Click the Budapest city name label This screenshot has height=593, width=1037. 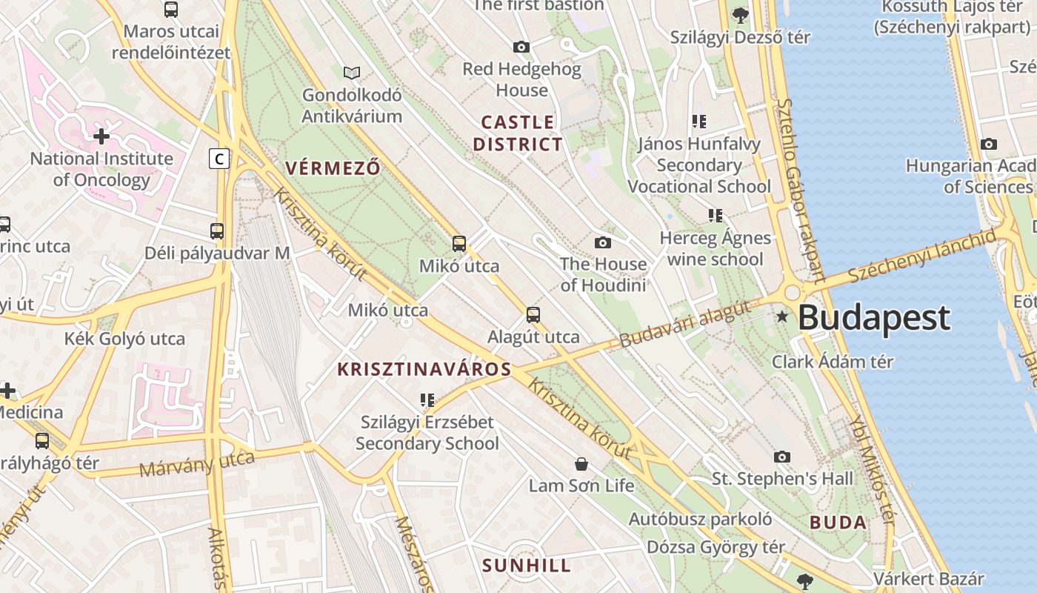pyautogui.click(x=874, y=317)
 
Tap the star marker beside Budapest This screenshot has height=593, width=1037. pyautogui.click(x=782, y=317)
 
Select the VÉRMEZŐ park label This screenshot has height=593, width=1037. pyautogui.click(x=333, y=168)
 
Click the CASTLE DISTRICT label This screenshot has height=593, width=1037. pyautogui.click(x=518, y=133)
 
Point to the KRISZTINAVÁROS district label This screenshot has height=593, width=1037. pyautogui.click(x=424, y=369)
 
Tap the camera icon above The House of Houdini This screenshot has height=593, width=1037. pyautogui.click(x=603, y=242)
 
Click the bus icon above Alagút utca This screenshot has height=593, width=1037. pyautogui.click(x=533, y=315)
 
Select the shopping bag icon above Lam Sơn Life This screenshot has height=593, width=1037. pyautogui.click(x=581, y=464)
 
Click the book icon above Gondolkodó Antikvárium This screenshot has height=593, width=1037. pyautogui.click(x=352, y=73)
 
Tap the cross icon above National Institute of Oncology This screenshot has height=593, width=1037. pyautogui.click(x=101, y=136)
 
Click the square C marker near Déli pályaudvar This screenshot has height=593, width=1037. pyautogui.click(x=219, y=158)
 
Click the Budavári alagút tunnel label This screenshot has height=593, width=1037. pyautogui.click(x=685, y=325)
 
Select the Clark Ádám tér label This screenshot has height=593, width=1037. pyautogui.click(x=833, y=362)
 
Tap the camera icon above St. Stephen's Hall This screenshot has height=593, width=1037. pyautogui.click(x=782, y=457)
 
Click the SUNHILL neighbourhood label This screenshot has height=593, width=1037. pyautogui.click(x=527, y=566)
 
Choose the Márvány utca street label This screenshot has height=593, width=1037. pyautogui.click(x=197, y=464)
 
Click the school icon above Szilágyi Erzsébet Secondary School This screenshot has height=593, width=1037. pyautogui.click(x=427, y=400)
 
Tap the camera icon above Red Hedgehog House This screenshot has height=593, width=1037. pyautogui.click(x=521, y=47)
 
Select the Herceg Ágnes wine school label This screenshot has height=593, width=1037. pyautogui.click(x=716, y=248)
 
